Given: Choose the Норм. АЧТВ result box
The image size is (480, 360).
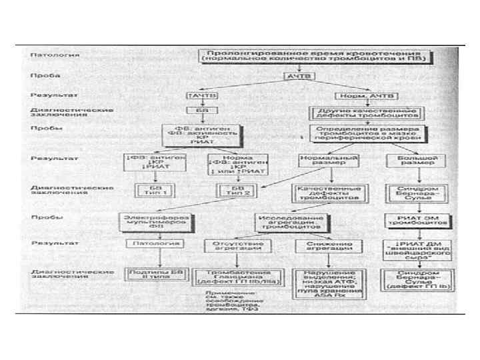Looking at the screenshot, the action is (347, 95).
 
